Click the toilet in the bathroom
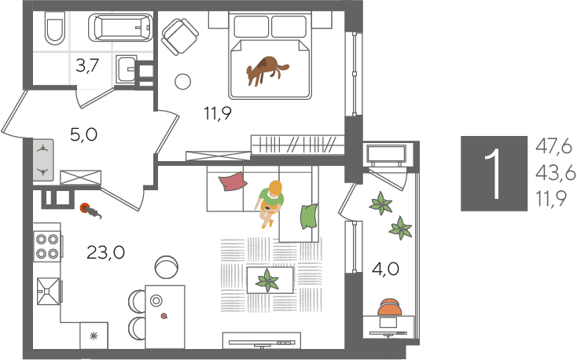[x=54, y=28]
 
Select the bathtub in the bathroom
[x=120, y=28]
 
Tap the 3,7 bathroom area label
[x=87, y=66]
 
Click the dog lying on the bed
[x=266, y=71]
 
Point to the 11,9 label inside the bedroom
[x=218, y=113]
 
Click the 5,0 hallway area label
[x=83, y=134]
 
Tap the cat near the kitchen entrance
[x=91, y=211]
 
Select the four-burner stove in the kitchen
[x=47, y=247]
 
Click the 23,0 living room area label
[x=105, y=252]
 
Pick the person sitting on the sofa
[x=270, y=204]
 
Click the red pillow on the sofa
[x=233, y=182]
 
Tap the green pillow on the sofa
[x=309, y=217]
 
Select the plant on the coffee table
[x=267, y=281]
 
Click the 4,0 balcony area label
[x=385, y=270]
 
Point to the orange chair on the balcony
[x=390, y=307]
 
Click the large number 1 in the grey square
[x=494, y=174]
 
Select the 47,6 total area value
[x=554, y=147]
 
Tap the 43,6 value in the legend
[x=555, y=173]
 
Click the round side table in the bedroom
[x=182, y=81]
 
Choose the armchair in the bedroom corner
[x=180, y=36]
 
